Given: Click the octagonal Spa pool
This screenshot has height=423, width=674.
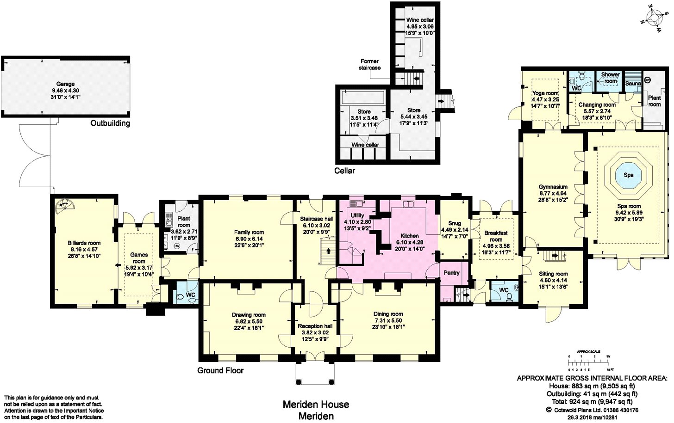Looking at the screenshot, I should point(628,175).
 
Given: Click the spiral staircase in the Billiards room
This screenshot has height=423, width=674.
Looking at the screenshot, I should point(63,208).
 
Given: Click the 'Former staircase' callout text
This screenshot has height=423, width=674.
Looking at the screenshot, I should point(369,64).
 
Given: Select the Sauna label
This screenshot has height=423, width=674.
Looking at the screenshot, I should point(633,83).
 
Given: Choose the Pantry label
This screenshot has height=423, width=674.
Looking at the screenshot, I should point(451,273).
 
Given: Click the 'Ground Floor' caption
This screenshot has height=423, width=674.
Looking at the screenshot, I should point(220,370).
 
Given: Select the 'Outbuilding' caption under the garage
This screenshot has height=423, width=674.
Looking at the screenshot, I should point(110,123).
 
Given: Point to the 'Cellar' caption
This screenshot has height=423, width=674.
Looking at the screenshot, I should point(344,171).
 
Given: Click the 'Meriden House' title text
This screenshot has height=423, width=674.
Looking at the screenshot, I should point(316,405).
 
